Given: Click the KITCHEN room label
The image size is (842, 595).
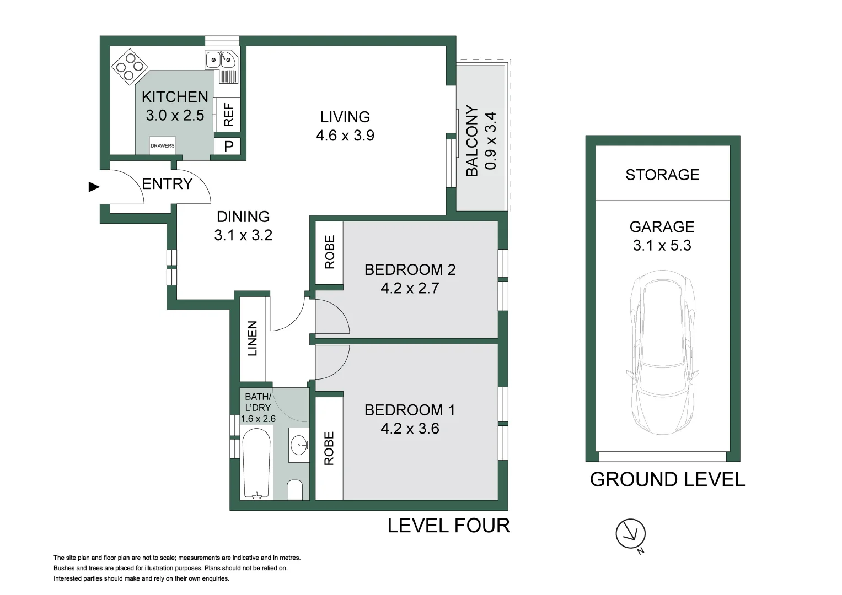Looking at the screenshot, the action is [x=175, y=97].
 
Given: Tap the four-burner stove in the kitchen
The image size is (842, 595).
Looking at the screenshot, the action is [x=130, y=67].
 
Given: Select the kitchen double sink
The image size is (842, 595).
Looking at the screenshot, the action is [x=222, y=59].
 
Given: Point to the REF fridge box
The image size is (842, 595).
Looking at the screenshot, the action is [x=227, y=115].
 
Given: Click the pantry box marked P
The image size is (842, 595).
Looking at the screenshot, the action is [x=227, y=146].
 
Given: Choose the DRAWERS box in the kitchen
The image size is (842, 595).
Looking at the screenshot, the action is [x=162, y=145].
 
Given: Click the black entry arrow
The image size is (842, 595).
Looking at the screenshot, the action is [x=94, y=187].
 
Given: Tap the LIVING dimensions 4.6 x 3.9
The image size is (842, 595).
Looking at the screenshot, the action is [x=345, y=135].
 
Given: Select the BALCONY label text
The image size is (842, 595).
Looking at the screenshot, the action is [x=472, y=141].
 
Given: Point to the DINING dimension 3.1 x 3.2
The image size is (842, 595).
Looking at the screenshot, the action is [x=243, y=235].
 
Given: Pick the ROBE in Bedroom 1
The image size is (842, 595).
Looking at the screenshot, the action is [x=329, y=448].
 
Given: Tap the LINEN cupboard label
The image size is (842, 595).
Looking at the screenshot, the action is [x=252, y=338].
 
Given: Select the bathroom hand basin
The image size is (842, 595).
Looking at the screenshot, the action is [x=299, y=445].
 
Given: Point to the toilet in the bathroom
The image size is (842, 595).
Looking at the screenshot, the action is [x=294, y=490].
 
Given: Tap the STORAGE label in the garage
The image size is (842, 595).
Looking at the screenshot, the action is [x=662, y=175].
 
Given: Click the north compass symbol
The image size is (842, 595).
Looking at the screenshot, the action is [x=630, y=534].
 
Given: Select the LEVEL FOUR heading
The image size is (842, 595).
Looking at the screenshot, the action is [x=448, y=525].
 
